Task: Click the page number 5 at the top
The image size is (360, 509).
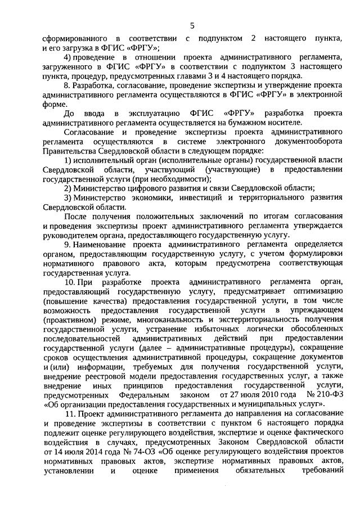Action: tap(192, 25)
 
